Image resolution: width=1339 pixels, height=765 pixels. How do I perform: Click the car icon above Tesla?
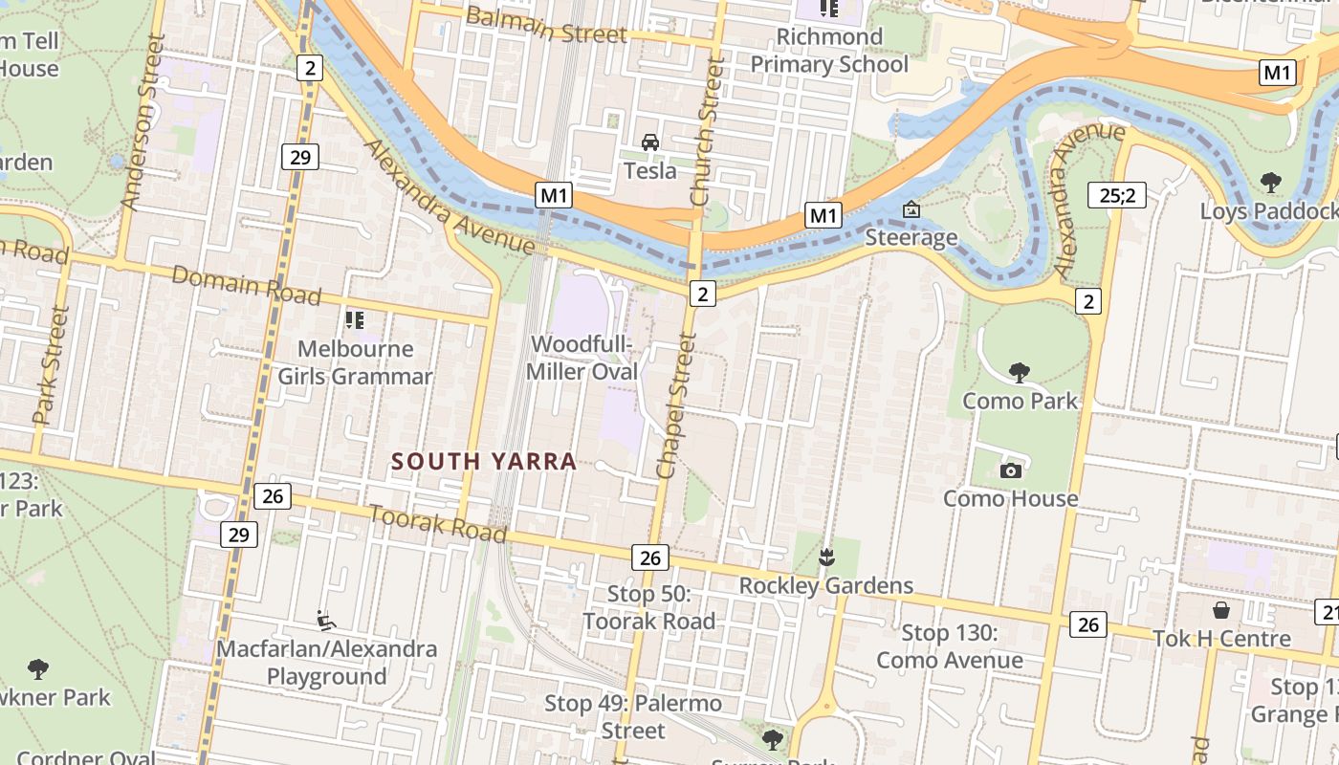(x=650, y=142)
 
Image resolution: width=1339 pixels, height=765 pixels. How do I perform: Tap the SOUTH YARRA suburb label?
(x=484, y=462)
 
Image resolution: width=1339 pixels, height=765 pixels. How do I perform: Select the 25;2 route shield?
(x=1116, y=196)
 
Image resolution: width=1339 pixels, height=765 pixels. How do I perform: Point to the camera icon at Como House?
(x=1010, y=470)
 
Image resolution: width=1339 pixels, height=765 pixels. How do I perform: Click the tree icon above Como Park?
(x=1020, y=372)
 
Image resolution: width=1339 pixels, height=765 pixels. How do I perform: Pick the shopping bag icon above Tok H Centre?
(x=1221, y=610)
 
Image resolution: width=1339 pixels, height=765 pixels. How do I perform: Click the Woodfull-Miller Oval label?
(x=582, y=358)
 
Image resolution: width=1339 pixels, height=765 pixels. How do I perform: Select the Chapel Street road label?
(x=673, y=406)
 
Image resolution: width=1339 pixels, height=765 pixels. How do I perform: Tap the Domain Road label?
(x=246, y=285)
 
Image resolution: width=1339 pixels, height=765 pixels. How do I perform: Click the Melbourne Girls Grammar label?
(x=355, y=362)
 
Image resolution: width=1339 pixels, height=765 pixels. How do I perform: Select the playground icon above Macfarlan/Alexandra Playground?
(x=326, y=621)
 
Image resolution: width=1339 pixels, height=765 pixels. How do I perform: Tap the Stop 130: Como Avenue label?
(x=950, y=646)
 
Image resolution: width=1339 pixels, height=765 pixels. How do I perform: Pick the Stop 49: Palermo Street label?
(x=632, y=717)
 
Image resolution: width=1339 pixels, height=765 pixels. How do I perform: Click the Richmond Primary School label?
(x=828, y=51)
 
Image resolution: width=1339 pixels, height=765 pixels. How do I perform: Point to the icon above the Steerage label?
(x=911, y=209)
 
